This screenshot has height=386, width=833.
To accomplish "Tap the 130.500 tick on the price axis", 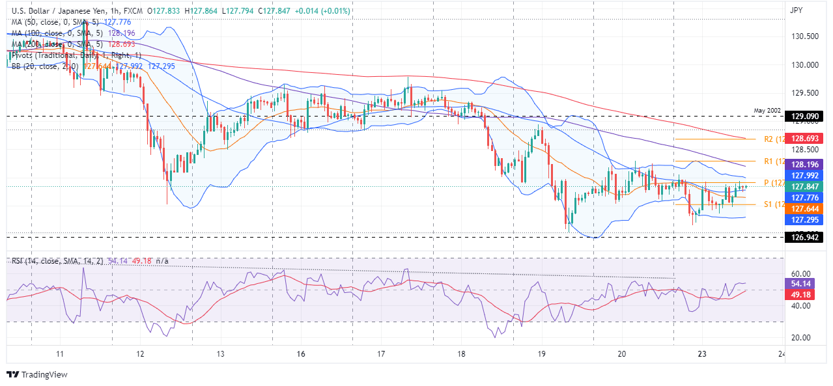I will (805, 36).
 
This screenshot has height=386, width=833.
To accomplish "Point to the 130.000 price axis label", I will (805, 65).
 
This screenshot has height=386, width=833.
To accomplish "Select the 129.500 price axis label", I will (805, 93).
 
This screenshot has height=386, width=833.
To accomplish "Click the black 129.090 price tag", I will (805, 117).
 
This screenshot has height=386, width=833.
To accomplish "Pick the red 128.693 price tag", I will (805, 139).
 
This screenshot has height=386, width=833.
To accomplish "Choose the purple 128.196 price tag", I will (805, 164).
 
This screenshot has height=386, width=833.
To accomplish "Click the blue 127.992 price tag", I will (805, 175).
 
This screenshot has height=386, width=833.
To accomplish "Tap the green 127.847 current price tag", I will (805, 186).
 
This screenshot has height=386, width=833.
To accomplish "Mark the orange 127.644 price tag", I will (805, 208).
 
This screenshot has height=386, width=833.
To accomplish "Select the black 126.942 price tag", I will (805, 238).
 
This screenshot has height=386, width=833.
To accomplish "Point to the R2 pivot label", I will (769, 139).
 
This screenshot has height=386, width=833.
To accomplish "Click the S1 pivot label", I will (768, 204).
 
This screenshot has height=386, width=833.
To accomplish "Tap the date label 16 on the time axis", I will (300, 355).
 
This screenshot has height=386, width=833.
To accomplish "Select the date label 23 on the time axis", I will (701, 355).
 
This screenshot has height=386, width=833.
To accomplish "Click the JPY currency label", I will (796, 10).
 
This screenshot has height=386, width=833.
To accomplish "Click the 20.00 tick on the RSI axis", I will (800, 337).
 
